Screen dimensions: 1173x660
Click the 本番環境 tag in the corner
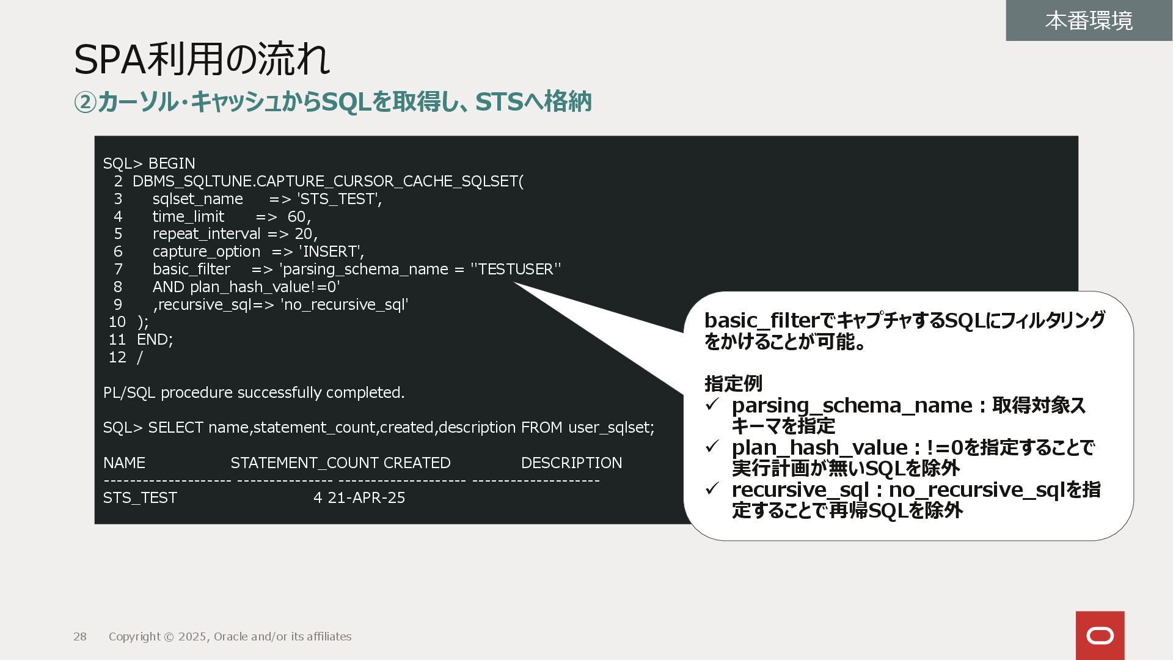coord(1089,21)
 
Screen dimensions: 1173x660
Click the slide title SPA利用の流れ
coord(202,59)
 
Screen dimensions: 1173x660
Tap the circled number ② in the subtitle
coord(85,102)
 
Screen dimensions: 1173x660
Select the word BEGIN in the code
coord(172,164)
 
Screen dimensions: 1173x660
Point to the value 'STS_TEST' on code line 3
coord(339,199)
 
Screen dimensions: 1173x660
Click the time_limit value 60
coord(296,217)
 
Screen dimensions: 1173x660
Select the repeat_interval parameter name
coord(206,234)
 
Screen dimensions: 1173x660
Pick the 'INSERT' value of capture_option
coord(331,252)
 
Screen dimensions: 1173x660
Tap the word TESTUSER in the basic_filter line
coord(516,269)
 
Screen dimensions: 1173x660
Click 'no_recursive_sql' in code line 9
coord(344,305)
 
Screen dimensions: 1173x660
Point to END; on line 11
coord(155,340)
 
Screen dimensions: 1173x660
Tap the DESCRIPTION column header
coord(571,463)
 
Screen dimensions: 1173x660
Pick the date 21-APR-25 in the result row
coord(367,498)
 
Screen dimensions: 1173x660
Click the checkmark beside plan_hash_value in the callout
coord(712,447)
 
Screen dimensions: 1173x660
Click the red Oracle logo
coord(1100,636)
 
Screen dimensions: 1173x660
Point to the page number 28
coord(80,637)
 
